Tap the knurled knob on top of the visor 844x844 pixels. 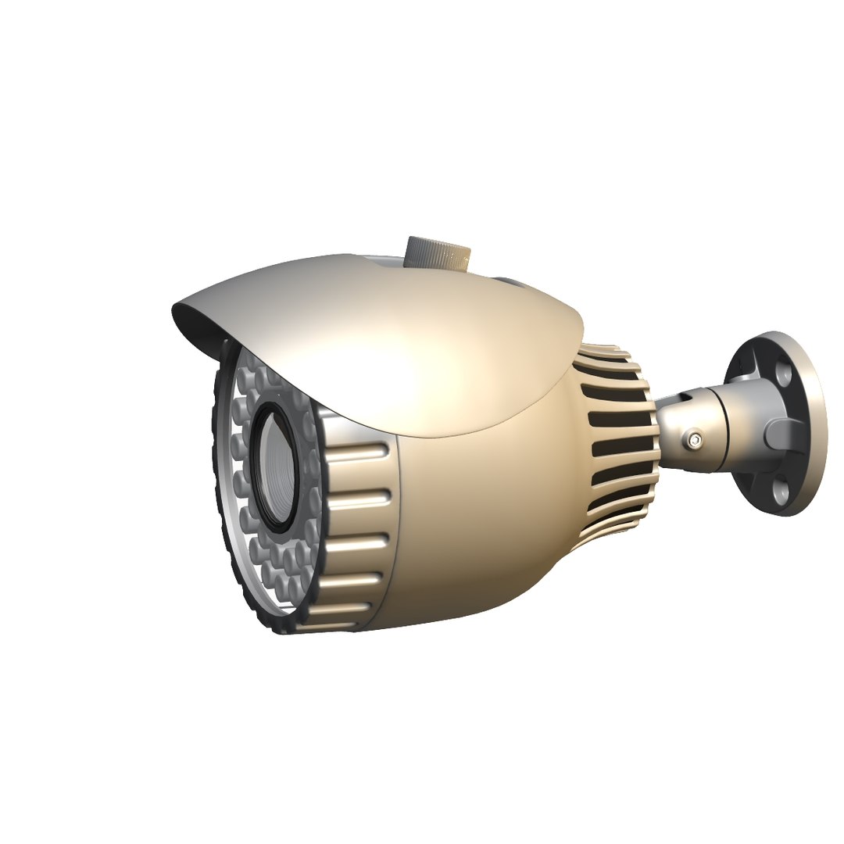pyautogui.click(x=437, y=252)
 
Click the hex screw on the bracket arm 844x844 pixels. pyautogui.click(x=695, y=442)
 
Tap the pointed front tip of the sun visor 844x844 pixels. pyautogui.click(x=177, y=313)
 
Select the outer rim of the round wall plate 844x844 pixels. pyautogui.click(x=816, y=422)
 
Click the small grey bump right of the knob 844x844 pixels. pyautogui.click(x=508, y=279)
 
